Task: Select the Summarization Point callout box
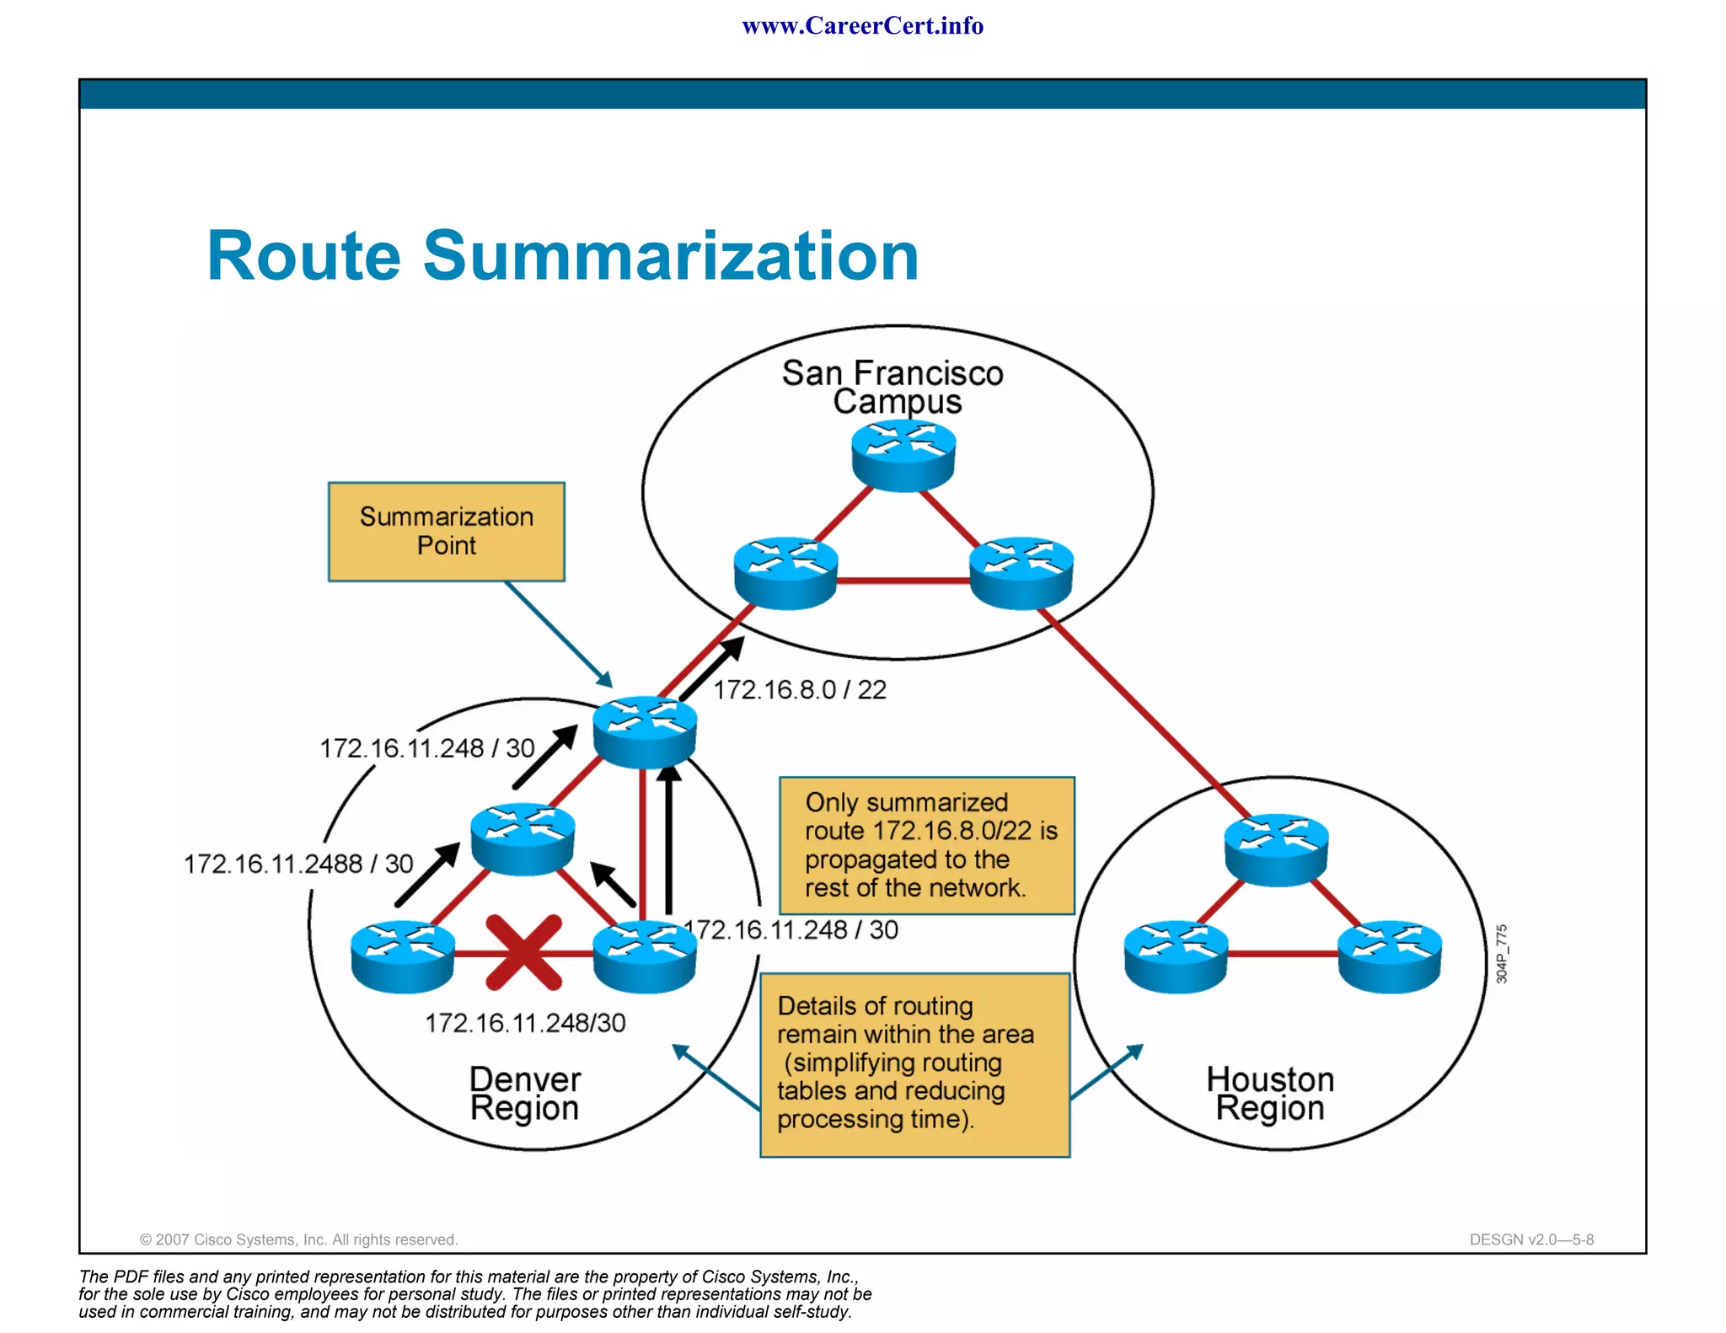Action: [446, 532]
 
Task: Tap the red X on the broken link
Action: [523, 952]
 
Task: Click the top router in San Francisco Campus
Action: [903, 455]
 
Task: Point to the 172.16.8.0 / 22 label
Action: [800, 690]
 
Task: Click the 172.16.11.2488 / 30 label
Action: [298, 864]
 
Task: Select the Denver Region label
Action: [524, 1094]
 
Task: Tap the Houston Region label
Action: [1270, 1094]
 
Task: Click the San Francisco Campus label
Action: [892, 387]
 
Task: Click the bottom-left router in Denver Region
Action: [403, 956]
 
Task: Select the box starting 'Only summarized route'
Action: [926, 845]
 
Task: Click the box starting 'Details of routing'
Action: [914, 1065]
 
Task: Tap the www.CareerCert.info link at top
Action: [862, 26]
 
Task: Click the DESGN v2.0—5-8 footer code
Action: [1530, 1239]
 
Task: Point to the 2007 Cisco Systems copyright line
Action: [298, 1239]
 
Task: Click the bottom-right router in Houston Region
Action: [1390, 956]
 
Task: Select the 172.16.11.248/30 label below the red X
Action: [525, 1023]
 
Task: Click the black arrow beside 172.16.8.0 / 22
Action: [712, 668]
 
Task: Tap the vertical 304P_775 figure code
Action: [1501, 954]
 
